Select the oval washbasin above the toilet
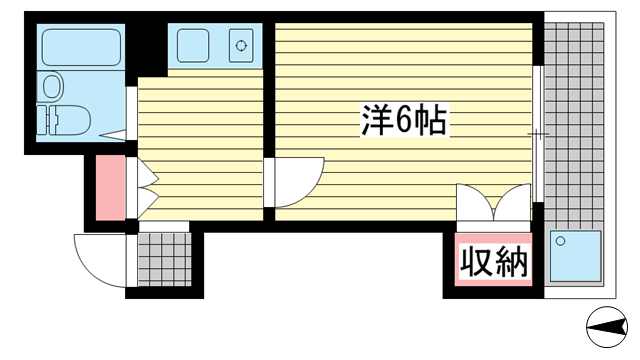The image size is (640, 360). [51, 86]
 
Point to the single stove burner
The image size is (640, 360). [240, 45]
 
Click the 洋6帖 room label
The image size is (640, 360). [402, 122]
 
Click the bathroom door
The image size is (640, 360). [130, 114]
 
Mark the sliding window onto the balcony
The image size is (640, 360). [538, 133]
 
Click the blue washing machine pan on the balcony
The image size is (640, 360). [576, 257]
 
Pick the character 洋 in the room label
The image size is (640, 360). [374, 122]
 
